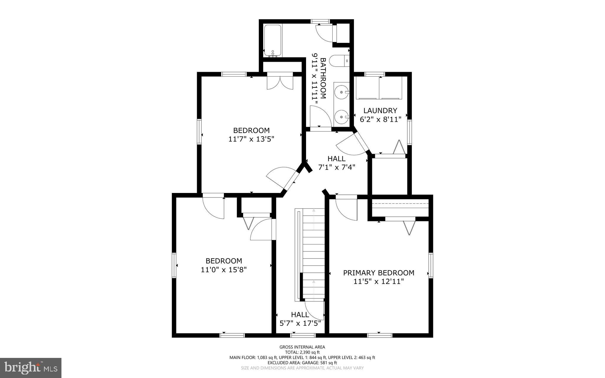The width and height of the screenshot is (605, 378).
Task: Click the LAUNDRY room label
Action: pos(380,111)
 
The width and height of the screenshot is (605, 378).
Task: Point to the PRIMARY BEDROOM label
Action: pos(379,273)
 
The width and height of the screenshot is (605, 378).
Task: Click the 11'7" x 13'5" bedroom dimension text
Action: pos(251,139)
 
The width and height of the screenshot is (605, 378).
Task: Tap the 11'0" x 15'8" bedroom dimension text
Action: pos(224,270)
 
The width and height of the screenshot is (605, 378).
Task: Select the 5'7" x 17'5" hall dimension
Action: pos(300,323)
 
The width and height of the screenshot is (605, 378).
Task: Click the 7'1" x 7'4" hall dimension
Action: pos(336,167)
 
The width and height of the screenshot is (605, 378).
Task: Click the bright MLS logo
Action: pos(31,368)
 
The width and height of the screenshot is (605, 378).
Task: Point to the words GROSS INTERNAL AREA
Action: pos(302,347)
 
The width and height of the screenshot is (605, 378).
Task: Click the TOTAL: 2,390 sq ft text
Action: pos(302,352)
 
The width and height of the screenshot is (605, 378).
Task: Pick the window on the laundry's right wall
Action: pos(409,132)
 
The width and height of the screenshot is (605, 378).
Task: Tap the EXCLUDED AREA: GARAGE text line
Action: pos(302,363)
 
